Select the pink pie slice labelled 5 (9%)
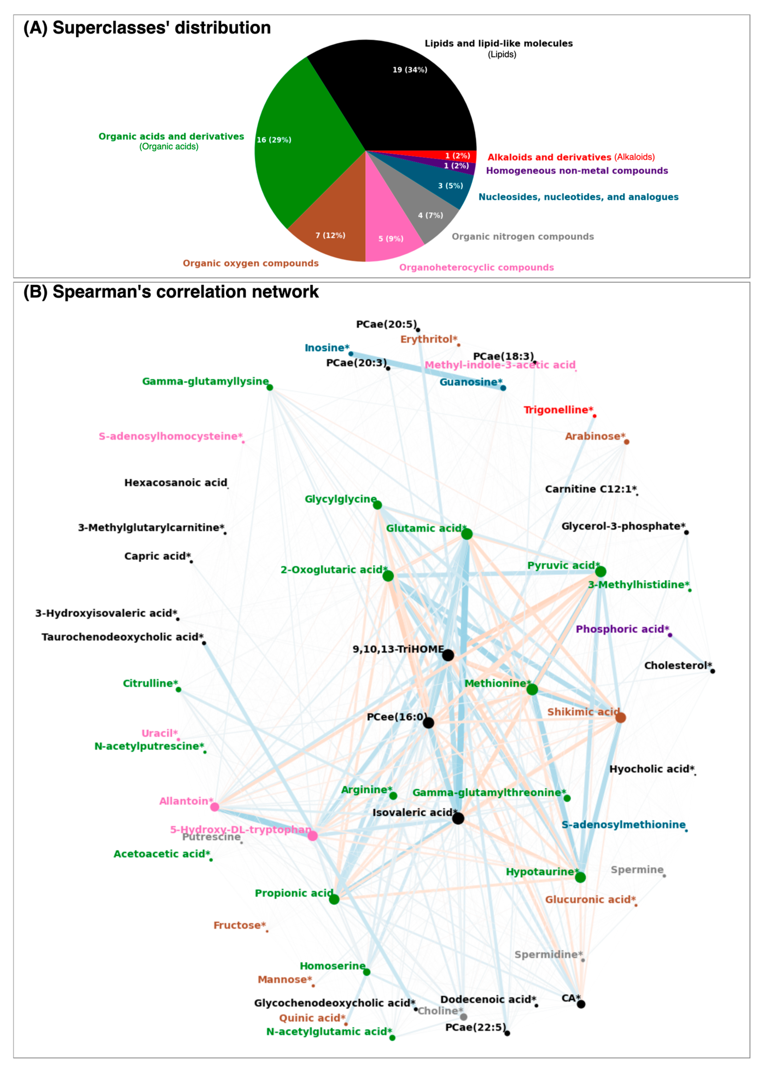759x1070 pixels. point(390,229)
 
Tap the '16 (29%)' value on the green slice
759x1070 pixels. point(274,140)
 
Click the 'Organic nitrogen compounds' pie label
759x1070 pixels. point(522,237)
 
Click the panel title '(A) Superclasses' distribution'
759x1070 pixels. point(147,28)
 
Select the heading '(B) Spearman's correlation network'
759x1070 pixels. point(171,292)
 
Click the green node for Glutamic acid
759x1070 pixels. point(466,534)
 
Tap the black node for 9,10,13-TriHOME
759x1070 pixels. point(448,655)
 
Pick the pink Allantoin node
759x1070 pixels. point(215,807)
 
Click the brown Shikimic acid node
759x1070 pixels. point(620,717)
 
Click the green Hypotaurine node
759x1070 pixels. point(580,877)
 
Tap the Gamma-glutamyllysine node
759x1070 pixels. point(270,387)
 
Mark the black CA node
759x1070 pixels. point(581,1004)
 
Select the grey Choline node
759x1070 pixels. point(463,1017)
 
